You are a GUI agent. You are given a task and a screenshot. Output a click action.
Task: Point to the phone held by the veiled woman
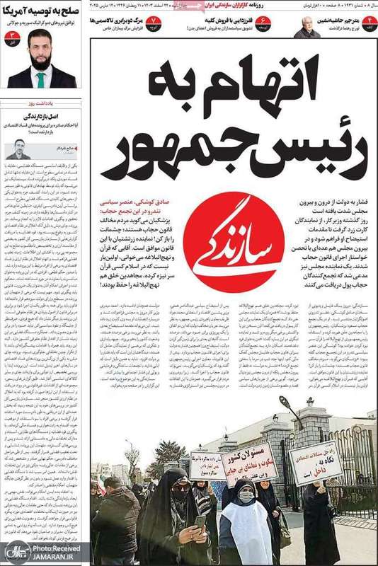pyautogui.click(x=200, y=521)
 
